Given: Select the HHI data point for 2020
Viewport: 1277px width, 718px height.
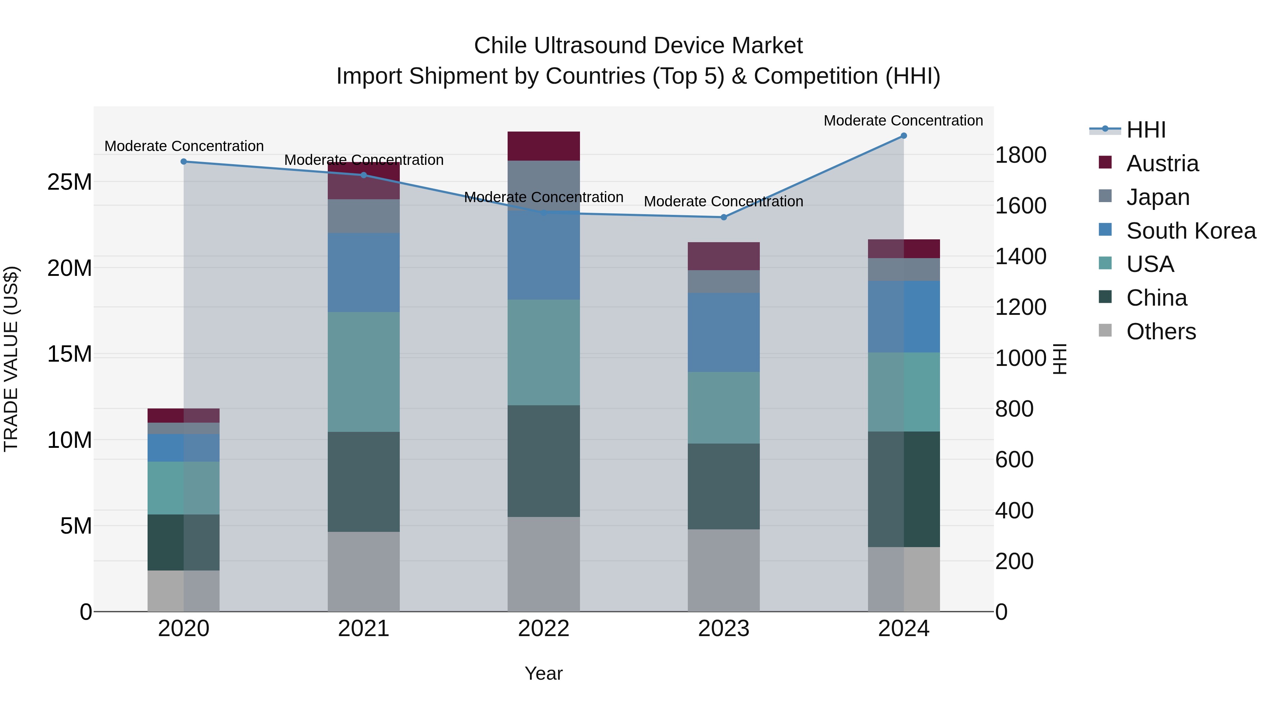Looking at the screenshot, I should (x=183, y=162).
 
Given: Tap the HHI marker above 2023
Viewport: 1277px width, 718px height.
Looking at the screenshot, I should (x=723, y=217).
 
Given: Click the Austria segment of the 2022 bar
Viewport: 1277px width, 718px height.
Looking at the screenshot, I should (x=543, y=146).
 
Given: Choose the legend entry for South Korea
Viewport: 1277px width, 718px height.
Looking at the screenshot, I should (x=1191, y=231).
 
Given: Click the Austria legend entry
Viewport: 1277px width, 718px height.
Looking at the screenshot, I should (x=1162, y=163).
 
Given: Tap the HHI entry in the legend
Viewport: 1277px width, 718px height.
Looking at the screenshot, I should (x=1146, y=130).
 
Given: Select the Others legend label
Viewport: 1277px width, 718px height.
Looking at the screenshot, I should (x=1161, y=332).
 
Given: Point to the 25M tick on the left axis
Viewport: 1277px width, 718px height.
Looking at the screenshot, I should (x=70, y=182).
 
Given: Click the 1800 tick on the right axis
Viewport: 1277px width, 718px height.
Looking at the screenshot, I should (x=1021, y=155).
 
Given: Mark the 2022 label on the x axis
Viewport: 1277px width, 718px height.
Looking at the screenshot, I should (x=543, y=629).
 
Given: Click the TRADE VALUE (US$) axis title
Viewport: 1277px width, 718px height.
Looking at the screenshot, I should (x=11, y=359).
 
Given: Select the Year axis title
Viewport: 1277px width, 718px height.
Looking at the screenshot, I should (x=543, y=673).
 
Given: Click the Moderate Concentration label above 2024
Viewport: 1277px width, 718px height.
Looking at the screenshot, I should (x=903, y=121).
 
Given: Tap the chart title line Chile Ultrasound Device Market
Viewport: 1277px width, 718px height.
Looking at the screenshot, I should (x=638, y=46).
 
